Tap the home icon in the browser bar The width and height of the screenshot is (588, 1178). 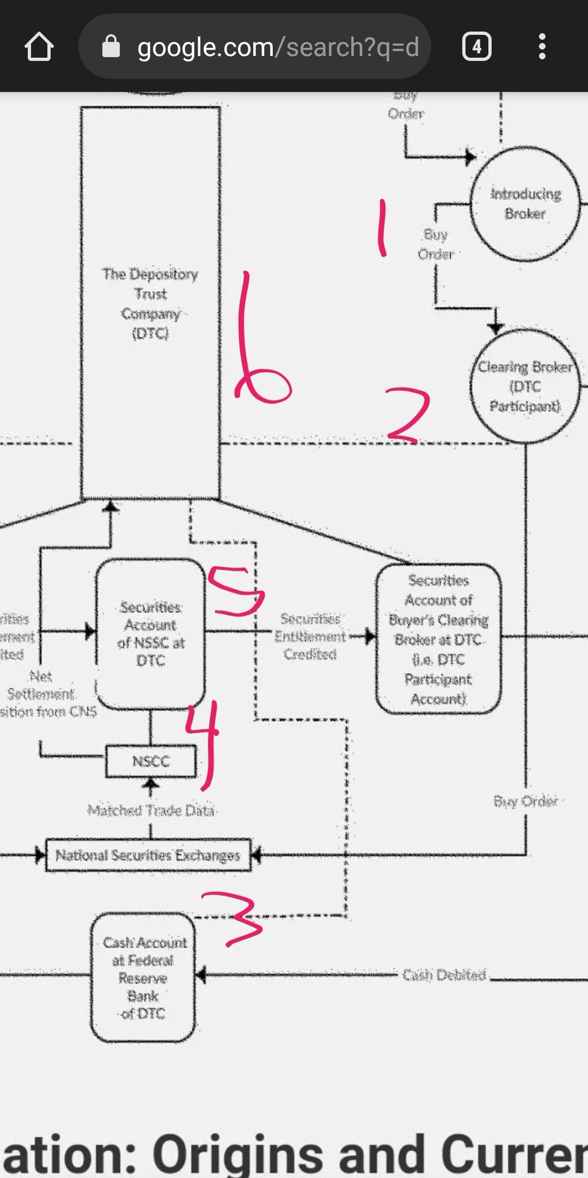[39, 47]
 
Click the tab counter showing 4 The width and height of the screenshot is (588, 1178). [476, 47]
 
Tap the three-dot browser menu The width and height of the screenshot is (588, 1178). [541, 47]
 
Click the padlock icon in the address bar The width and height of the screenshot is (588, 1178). [110, 47]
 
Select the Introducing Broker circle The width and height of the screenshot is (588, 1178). [525, 204]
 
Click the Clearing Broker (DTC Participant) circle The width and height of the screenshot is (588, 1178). [525, 387]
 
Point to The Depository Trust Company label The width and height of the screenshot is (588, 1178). [150, 303]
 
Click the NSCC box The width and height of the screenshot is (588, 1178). [151, 762]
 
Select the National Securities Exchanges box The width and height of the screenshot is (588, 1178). [148, 855]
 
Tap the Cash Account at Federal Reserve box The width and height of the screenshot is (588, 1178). [143, 977]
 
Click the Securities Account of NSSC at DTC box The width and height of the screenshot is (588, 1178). [150, 633]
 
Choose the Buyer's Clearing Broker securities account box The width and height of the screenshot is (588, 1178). [438, 639]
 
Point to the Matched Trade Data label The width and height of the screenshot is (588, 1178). [151, 810]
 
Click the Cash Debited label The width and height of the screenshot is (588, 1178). [444, 975]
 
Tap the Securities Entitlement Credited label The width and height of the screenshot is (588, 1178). [310, 637]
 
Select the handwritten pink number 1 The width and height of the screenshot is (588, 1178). [380, 227]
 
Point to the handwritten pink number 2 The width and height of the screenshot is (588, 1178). [407, 414]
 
